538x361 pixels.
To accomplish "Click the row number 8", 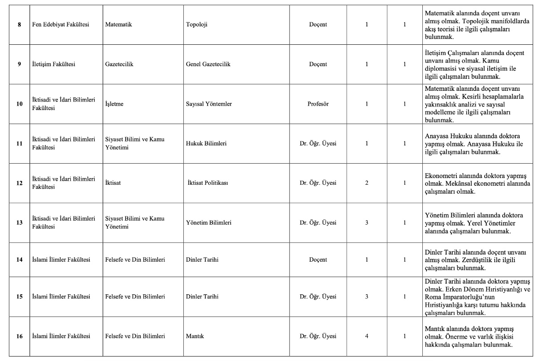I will coord(19,25).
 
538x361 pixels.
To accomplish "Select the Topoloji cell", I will coord(196,25).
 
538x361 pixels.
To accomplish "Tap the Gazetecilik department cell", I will coord(119,64).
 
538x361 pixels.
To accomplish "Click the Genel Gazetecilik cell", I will coord(208,64).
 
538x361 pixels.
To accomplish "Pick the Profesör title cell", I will coord(318,104).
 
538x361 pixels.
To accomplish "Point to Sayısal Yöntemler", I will coord(208,104).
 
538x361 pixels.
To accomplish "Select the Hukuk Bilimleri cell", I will coord(206,144).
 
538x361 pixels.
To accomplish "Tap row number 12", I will coord(19,183).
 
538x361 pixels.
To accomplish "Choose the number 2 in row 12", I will coord(367,183).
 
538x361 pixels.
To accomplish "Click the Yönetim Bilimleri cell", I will coord(208,222).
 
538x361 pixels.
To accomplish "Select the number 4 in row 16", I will coord(367,336).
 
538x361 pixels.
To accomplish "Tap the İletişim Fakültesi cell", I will coord(53,64).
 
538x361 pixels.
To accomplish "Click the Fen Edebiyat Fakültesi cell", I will coord(60,25).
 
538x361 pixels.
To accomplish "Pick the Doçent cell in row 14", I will coord(318,259).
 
